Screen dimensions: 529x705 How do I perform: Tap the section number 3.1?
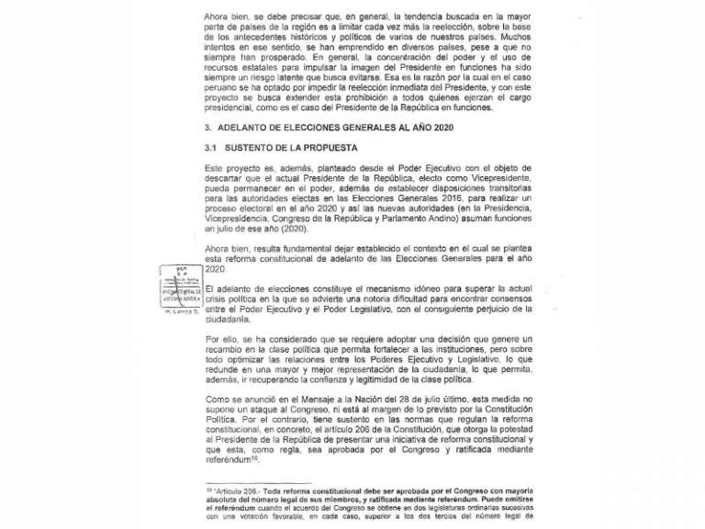(210, 148)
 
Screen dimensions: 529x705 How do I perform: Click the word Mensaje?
(333, 399)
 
